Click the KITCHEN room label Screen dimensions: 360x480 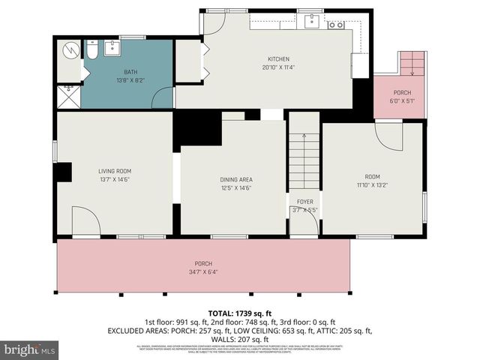point(278,59)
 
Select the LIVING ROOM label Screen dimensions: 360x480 point(114,171)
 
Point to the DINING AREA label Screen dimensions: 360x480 point(235,179)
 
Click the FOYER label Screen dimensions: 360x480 point(304,202)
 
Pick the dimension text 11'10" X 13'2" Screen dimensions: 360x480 point(371,184)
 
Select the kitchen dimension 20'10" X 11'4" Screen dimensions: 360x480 point(278,67)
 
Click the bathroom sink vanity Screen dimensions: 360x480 point(115,49)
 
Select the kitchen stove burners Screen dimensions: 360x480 point(336,25)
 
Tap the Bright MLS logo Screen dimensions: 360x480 point(29,349)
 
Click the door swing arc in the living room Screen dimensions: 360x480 point(88,223)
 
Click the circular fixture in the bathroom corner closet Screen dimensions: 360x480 point(70,50)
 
